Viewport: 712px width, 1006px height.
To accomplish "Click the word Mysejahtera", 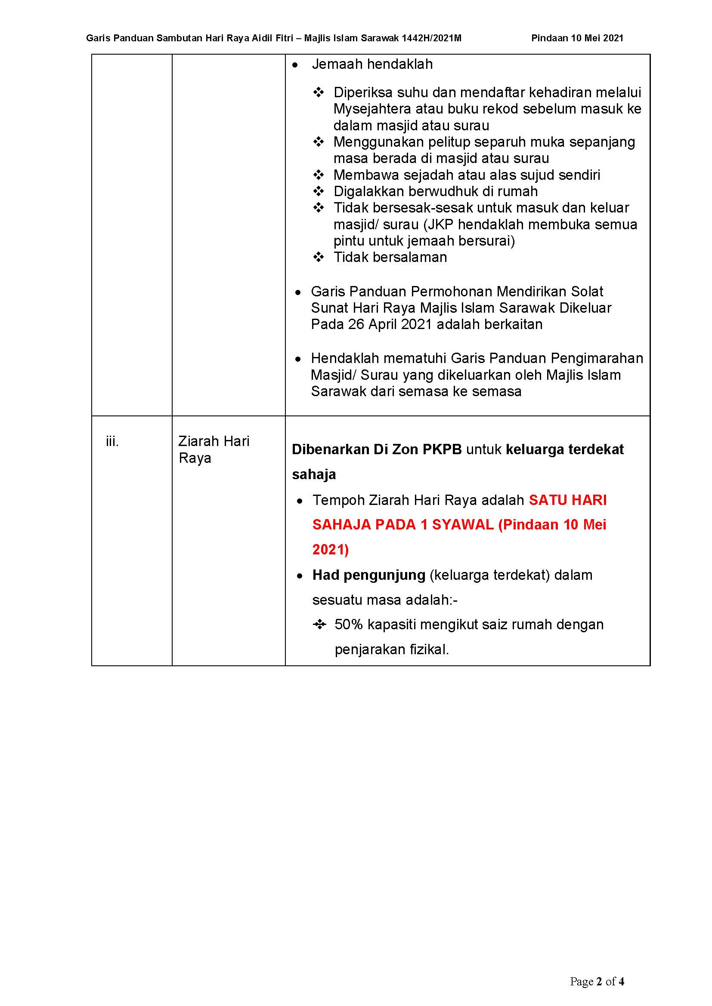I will (x=372, y=109).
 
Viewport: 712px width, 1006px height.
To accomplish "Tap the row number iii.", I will (x=112, y=441).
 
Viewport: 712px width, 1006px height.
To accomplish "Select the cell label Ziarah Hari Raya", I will (x=214, y=449).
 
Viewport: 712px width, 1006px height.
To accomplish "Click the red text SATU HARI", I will (x=567, y=500).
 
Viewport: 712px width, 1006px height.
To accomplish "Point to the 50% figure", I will (x=349, y=625).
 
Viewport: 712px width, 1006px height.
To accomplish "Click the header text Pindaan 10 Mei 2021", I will (x=577, y=38).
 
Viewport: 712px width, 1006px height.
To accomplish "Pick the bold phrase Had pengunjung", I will (x=369, y=575).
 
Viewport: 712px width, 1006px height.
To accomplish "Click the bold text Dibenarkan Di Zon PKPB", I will (x=376, y=449).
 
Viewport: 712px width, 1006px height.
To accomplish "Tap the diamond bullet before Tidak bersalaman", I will (x=319, y=257).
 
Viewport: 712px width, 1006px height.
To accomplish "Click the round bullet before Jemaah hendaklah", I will (x=295, y=65).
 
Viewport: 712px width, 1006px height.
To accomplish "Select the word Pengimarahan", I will (x=597, y=358).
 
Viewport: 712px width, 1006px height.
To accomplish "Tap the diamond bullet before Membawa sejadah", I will (x=319, y=175).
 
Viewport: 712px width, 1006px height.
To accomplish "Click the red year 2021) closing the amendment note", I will (x=330, y=549).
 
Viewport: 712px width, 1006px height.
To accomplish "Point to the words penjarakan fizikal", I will (x=391, y=649).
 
